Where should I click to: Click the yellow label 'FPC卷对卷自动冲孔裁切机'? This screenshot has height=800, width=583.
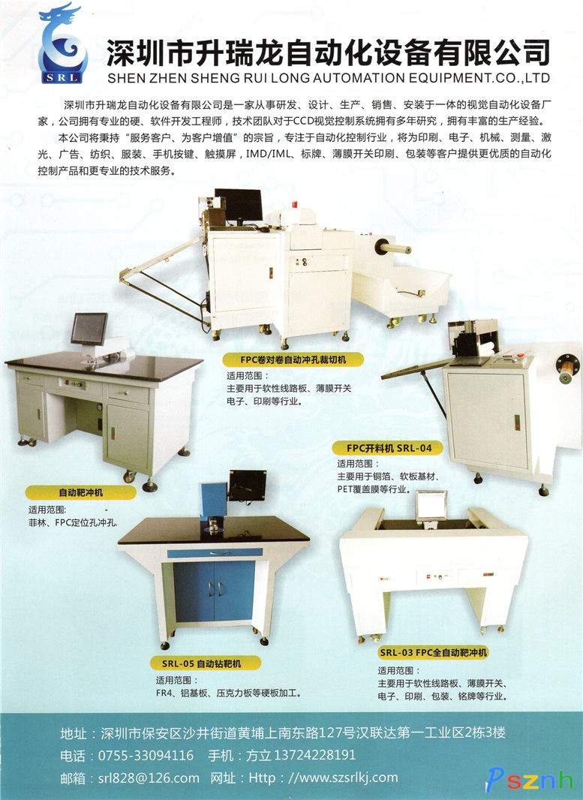[293, 359]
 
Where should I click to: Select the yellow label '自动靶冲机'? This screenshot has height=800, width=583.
[80, 492]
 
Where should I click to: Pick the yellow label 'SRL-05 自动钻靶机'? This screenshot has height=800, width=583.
[205, 663]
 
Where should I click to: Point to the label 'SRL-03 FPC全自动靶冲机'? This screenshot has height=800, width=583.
[433, 652]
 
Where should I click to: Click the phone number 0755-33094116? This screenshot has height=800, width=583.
[146, 755]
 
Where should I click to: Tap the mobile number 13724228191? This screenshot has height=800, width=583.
[314, 755]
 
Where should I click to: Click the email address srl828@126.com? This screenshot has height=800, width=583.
[149, 778]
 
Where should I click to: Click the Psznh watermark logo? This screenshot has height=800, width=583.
[530, 780]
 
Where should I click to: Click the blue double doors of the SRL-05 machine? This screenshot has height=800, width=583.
[215, 591]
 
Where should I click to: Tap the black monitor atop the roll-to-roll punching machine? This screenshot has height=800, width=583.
[238, 205]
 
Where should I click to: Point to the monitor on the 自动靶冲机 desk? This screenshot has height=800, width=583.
[89, 329]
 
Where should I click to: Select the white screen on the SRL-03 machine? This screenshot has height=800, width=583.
[431, 505]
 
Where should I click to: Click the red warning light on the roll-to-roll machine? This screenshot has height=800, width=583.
[294, 205]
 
